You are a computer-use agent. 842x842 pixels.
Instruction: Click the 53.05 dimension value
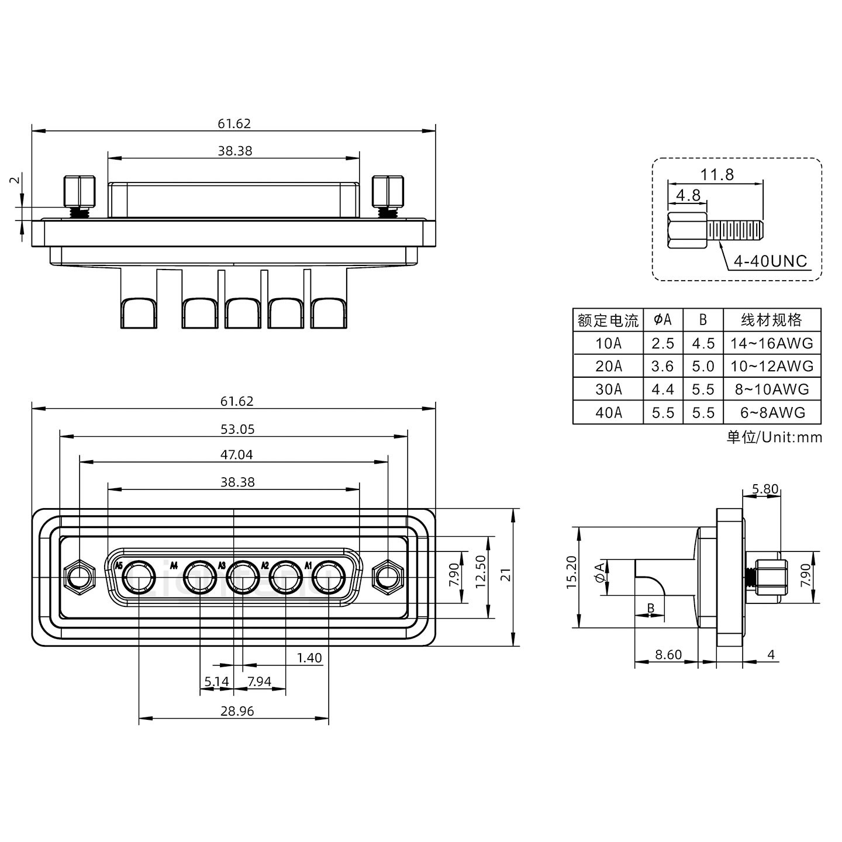pos(237,429)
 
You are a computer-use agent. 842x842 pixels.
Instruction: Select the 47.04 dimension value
pos(237,454)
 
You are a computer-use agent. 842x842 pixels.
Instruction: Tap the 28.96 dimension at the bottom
pos(237,711)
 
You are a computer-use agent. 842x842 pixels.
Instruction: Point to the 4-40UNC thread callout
pos(770,261)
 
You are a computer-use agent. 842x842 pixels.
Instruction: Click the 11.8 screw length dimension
pos(717,174)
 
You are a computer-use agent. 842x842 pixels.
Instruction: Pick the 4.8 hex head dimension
pos(688,195)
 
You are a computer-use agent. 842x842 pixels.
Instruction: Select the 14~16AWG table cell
pos(771,343)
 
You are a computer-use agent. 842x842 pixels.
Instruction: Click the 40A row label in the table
pos(608,413)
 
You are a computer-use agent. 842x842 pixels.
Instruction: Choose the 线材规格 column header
pos(771,320)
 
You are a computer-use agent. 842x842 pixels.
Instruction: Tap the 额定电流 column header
pos(608,320)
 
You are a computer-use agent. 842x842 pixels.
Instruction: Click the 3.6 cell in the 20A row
pos(662,367)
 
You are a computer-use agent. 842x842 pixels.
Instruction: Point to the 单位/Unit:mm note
pos(774,437)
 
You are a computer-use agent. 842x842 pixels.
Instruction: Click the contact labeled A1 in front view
pos(328,578)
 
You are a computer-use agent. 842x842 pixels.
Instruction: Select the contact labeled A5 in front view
pos(139,578)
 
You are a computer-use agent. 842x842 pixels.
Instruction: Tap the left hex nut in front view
pos(78,578)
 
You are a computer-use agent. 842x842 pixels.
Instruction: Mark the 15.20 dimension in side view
pos(572,572)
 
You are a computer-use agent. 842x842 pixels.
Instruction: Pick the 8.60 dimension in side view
pos(668,654)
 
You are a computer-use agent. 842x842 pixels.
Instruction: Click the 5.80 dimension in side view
pos(765,489)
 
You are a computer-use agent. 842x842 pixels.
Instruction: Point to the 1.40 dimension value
pos(309,658)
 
